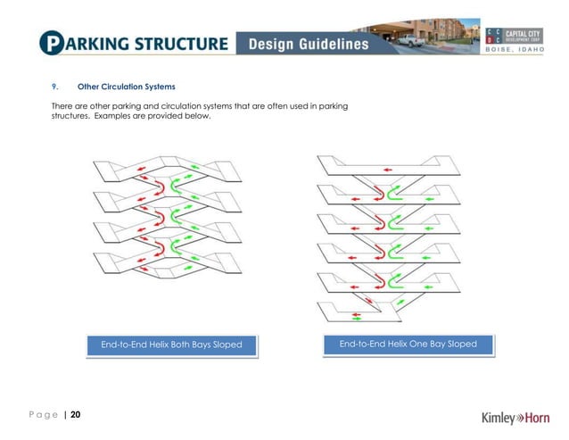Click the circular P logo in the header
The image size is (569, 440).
[x=52, y=42]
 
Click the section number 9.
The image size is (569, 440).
[x=54, y=87]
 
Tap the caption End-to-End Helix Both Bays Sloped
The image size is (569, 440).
[x=171, y=345]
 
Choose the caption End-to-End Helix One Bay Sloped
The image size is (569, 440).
[x=408, y=344]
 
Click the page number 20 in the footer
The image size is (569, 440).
[x=75, y=414]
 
